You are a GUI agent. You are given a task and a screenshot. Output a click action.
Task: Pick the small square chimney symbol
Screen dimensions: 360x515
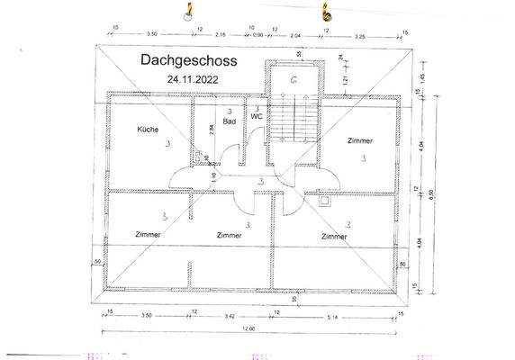(324, 202)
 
